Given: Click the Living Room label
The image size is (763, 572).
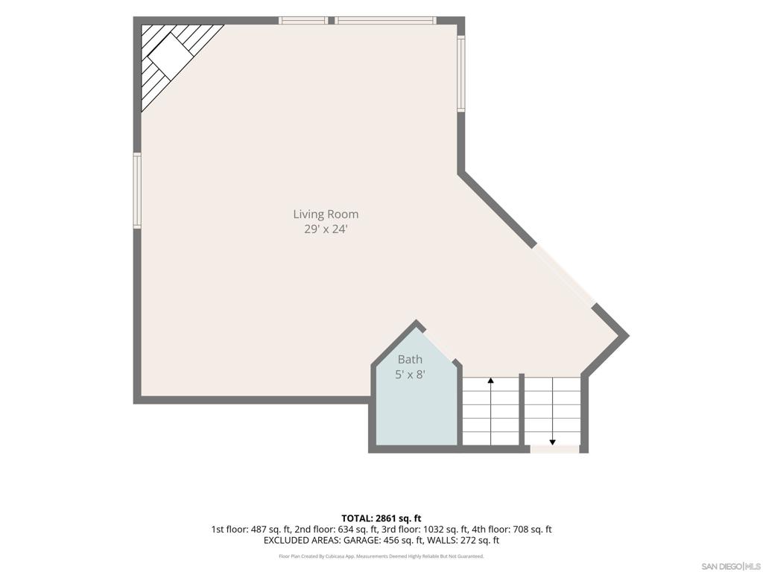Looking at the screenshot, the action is click(x=326, y=214).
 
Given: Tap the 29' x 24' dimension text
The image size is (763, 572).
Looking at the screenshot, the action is click(x=326, y=229).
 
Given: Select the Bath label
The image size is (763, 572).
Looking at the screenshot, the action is click(x=411, y=360).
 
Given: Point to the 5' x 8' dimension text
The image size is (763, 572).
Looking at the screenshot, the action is click(x=411, y=375).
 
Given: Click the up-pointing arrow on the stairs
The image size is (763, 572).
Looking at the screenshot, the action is click(x=490, y=411).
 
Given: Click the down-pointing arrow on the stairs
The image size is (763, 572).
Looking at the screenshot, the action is click(x=552, y=411).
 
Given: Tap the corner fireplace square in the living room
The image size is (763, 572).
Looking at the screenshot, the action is click(x=167, y=57).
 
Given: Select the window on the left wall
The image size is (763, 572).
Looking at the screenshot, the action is click(x=137, y=190).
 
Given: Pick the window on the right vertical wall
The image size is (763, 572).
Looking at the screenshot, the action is click(x=460, y=74).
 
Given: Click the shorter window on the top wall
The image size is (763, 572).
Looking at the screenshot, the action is click(x=303, y=20).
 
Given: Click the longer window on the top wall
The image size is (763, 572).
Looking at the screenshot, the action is click(x=385, y=20).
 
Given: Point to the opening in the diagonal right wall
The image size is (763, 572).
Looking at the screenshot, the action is click(x=565, y=275).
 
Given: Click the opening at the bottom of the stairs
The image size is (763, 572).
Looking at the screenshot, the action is click(x=554, y=449).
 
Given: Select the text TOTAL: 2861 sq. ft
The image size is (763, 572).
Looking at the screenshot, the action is click(x=381, y=518).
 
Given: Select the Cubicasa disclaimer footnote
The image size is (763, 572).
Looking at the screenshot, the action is click(x=381, y=556).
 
